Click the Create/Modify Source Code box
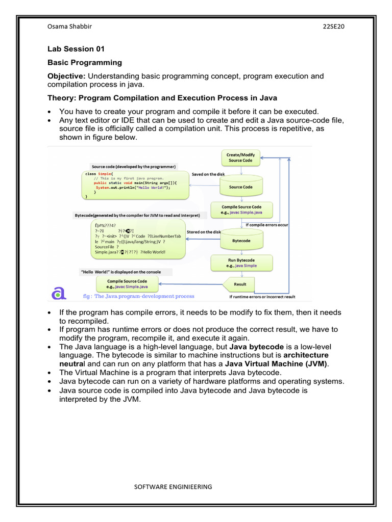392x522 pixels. (241, 157)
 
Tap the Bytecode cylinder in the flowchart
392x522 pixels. (241, 240)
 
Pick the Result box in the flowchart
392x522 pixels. (240, 284)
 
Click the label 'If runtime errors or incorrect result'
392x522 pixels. (262, 297)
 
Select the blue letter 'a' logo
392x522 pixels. (59, 293)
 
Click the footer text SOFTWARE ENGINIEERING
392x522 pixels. (173, 487)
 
